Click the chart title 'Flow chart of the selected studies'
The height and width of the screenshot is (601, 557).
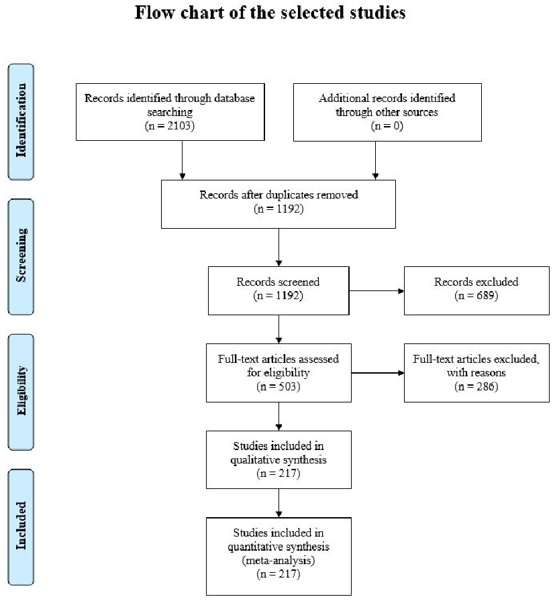pos(270,13)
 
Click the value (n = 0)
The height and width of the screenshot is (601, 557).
pos(387,125)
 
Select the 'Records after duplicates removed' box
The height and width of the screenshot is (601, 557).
pos(278,203)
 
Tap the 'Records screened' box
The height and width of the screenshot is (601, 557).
pos(278,290)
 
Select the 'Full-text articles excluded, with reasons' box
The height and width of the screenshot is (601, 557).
pos(477,373)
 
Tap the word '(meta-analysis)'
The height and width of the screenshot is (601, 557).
pos(278,556)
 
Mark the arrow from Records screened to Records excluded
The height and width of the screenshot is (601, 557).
pos(376,291)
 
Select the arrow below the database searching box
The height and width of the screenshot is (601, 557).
pos(182,161)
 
